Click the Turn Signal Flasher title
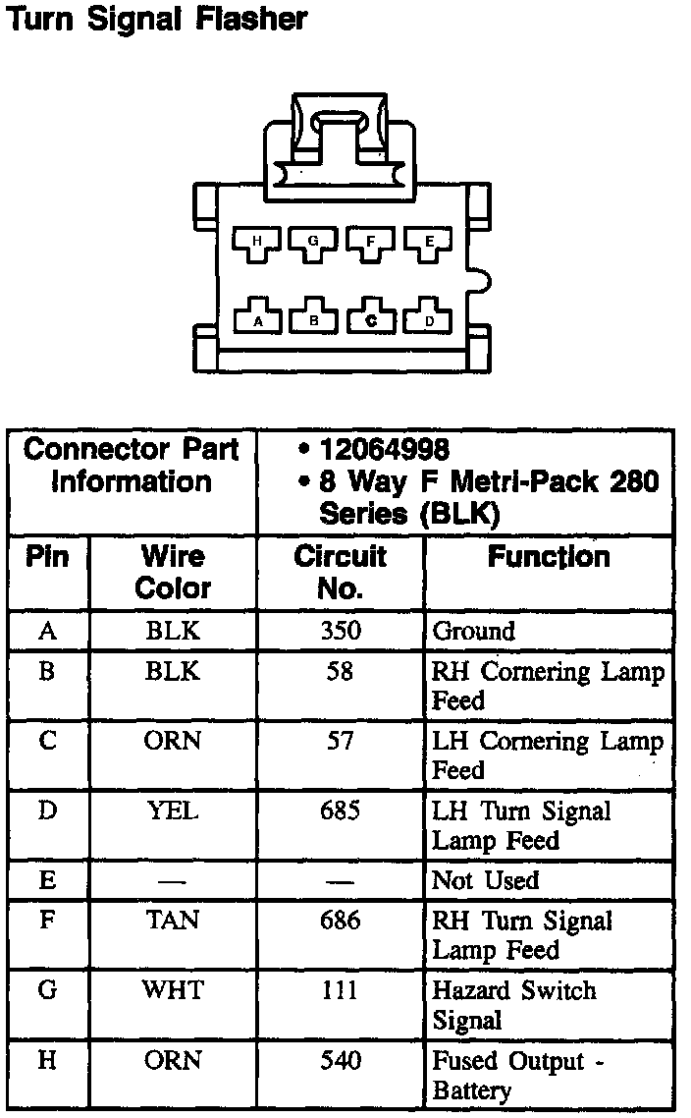(157, 20)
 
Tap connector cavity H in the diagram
(256, 241)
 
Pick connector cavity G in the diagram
(313, 241)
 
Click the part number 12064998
(384, 450)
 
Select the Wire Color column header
(173, 572)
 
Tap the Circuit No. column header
(340, 572)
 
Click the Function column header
(549, 557)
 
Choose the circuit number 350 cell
(340, 631)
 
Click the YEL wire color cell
(172, 811)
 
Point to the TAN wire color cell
(172, 921)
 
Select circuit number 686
(340, 921)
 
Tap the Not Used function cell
(485, 880)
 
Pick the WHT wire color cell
(172, 990)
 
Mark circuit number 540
(340, 1061)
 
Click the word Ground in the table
(473, 631)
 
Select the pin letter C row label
(47, 741)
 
